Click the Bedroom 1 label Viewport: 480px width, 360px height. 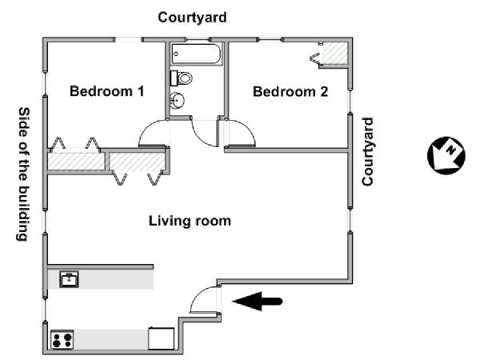tap(107, 91)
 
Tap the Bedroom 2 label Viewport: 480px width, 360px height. tap(290, 91)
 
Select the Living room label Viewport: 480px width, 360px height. tap(190, 221)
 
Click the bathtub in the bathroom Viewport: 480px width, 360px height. tap(196, 54)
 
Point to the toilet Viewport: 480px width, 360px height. tap(182, 78)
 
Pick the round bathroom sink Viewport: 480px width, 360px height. tap(177, 100)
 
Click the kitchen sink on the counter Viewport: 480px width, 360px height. tap(69, 279)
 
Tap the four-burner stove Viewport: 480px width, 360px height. tap(62, 339)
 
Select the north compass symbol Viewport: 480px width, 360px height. tap(446, 155)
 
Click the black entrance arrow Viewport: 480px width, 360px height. tap(257, 302)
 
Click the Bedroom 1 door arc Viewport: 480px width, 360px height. tap(147, 126)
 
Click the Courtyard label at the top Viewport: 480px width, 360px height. tap(192, 17)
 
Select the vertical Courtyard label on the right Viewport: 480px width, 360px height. tap(368, 151)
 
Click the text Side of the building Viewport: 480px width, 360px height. tap(23, 174)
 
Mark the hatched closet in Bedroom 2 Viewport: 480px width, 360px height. tap(335, 54)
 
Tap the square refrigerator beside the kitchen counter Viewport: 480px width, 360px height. tap(162, 338)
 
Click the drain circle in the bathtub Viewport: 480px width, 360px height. tap(176, 54)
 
